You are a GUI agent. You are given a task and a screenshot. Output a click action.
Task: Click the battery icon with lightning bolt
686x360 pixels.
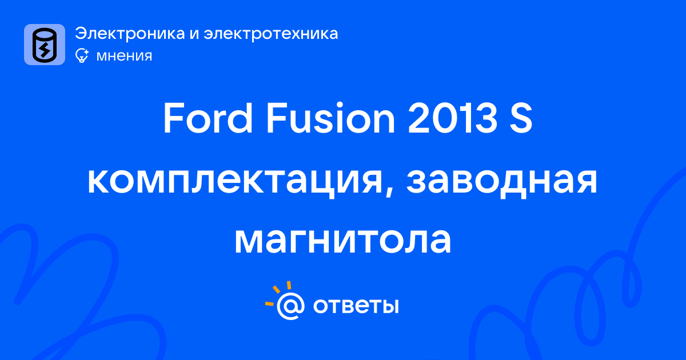[45, 45]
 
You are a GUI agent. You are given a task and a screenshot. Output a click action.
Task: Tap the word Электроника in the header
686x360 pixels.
[130, 33]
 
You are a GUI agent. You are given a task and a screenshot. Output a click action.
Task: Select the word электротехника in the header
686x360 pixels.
[271, 33]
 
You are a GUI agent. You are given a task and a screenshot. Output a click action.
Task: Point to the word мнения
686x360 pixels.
[124, 56]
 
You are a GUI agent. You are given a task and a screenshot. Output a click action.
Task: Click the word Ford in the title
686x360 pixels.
[208, 118]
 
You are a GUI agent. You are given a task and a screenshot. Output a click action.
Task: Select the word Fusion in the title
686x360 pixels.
[330, 118]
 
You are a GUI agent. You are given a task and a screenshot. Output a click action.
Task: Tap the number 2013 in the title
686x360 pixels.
[452, 118]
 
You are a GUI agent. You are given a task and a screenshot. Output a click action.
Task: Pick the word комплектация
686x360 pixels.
[235, 181]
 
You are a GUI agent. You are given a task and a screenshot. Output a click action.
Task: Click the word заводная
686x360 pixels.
[502, 181]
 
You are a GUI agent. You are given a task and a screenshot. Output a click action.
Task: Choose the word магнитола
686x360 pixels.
[342, 241]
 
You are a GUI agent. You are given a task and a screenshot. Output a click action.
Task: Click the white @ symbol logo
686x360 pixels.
[290, 306]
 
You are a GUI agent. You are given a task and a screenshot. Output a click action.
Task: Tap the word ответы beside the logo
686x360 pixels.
[356, 306]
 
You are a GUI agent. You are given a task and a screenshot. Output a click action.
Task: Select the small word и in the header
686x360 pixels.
[194, 34]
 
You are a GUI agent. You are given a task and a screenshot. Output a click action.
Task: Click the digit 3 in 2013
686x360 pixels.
[485, 118]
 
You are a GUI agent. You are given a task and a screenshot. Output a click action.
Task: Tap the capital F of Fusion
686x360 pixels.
[274, 118]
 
